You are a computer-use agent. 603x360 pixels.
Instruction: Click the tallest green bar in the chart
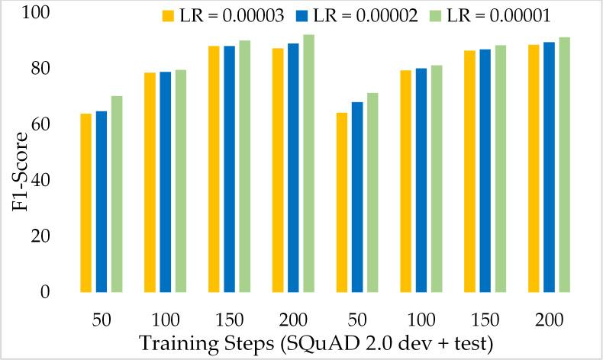(308, 163)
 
